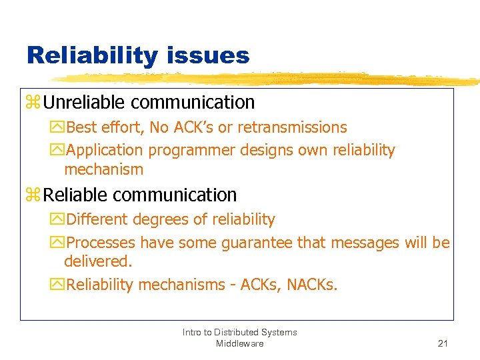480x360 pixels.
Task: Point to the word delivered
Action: click(98, 261)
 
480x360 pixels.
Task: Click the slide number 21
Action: click(442, 343)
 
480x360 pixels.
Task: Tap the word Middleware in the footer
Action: click(239, 343)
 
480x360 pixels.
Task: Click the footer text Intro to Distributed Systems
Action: click(239, 332)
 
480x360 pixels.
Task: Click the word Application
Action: click(105, 151)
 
